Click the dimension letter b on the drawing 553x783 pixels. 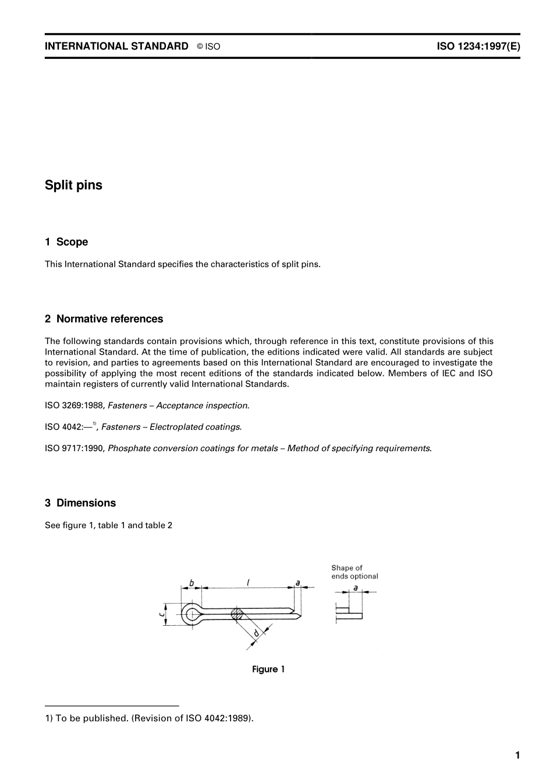click(x=191, y=582)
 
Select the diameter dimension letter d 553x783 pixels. click(x=256, y=633)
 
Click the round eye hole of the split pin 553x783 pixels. click(x=191, y=614)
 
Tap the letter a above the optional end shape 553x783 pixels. click(x=355, y=587)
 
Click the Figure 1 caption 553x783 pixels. click(x=268, y=669)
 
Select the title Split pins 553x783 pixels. click(x=73, y=185)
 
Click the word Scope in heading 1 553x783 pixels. click(x=72, y=242)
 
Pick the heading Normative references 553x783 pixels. click(x=109, y=319)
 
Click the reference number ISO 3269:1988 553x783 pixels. click(x=75, y=406)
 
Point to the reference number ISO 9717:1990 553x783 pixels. click(x=75, y=448)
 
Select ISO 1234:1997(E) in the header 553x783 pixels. click(x=478, y=47)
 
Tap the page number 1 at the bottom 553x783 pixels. click(x=517, y=756)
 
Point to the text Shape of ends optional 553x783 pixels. click(x=355, y=572)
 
